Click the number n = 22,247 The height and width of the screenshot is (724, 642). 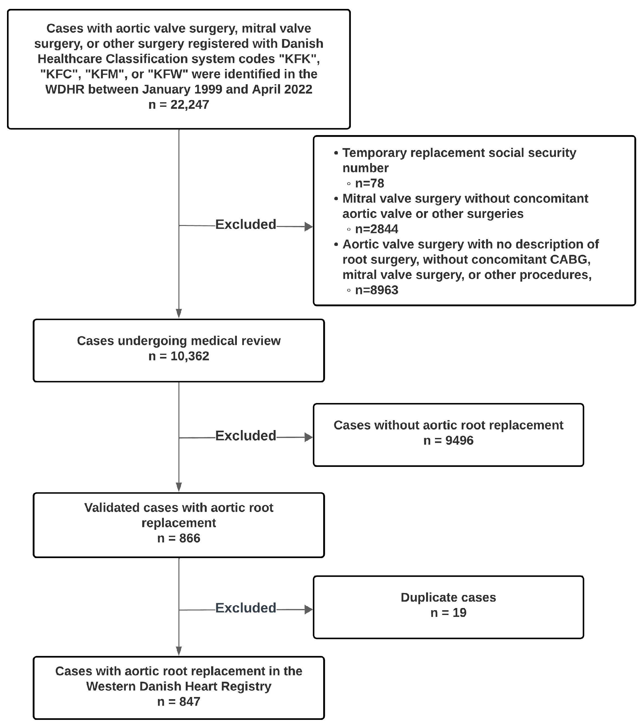[179, 105]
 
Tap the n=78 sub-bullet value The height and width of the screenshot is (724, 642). [369, 183]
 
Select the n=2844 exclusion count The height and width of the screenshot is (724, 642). [376, 229]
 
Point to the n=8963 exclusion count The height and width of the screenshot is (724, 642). [376, 290]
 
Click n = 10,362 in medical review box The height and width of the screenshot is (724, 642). [179, 356]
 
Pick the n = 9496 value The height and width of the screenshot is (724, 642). [448, 440]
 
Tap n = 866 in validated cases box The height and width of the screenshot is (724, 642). [179, 538]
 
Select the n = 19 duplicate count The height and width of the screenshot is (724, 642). [448, 612]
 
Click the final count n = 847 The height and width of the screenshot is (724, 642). [179, 701]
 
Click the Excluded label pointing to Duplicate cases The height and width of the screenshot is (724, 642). [246, 608]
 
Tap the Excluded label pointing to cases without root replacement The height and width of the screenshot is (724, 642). [246, 436]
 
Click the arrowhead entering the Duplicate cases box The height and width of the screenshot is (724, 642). [309, 610]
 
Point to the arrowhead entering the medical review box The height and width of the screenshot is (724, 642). [179, 313]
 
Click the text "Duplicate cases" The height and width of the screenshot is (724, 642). [448, 597]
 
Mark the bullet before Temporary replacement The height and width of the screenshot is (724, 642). [336, 153]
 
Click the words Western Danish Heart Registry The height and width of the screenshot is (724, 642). [179, 686]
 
